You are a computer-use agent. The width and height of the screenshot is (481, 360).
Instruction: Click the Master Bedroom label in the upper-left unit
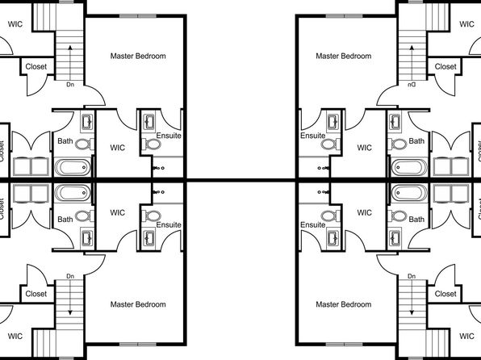(138, 57)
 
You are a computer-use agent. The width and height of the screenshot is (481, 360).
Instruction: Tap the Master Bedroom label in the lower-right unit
(344, 304)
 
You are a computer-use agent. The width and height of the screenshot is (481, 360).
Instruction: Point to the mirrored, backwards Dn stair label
(412, 85)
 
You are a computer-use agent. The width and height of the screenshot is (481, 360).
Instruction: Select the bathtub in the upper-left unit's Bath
(73, 167)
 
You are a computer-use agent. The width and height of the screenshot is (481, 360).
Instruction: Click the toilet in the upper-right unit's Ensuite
(331, 144)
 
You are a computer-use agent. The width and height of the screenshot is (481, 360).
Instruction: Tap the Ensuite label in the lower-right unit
(313, 225)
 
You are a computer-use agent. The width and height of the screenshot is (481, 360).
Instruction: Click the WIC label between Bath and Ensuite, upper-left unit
(118, 148)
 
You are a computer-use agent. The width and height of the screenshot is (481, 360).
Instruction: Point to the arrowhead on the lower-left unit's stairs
(70, 312)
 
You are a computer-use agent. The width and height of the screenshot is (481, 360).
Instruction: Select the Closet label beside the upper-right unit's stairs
(445, 67)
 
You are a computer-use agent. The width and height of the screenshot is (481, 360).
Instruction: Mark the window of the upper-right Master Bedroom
(344, 16)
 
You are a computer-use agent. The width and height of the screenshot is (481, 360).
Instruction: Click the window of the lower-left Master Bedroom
(138, 345)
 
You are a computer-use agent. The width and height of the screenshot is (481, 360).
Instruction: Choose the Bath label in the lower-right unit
(416, 220)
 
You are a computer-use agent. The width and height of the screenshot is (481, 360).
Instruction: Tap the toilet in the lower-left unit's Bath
(85, 216)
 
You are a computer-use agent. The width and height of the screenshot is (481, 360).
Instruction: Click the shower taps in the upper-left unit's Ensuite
(159, 168)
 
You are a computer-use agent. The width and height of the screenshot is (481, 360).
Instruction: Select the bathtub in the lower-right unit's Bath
(409, 193)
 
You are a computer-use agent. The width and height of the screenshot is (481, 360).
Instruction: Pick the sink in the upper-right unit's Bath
(395, 122)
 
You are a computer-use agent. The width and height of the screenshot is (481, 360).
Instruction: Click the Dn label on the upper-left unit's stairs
(70, 85)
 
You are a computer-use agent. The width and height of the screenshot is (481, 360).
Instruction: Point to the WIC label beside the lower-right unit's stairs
(466, 336)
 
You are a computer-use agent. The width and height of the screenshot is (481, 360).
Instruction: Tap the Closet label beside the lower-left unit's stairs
(36, 294)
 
